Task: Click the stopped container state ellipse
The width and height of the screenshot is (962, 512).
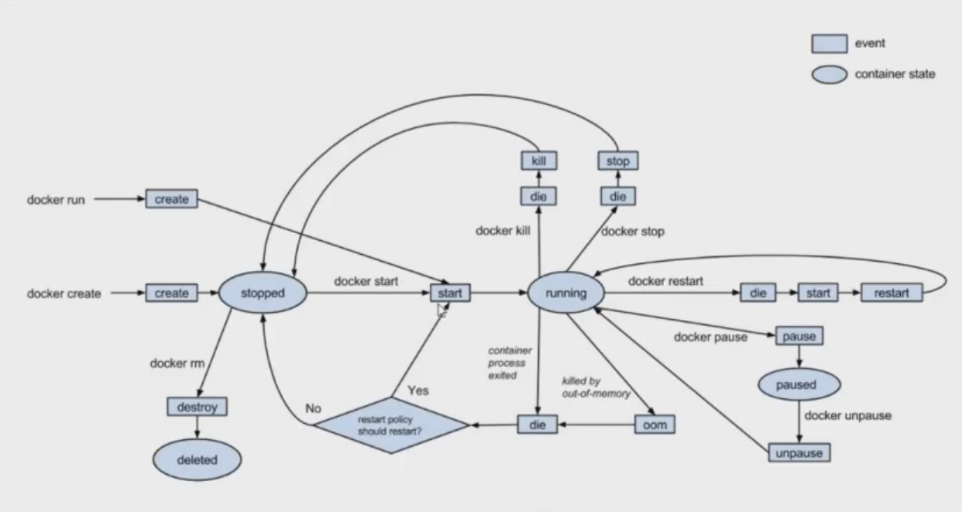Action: coord(263,294)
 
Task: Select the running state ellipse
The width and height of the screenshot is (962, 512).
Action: coord(566,294)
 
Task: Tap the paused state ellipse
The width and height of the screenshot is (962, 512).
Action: coord(798,385)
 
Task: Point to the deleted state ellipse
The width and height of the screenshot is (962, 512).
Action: coord(197,460)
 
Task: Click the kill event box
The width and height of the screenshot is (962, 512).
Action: coord(538,161)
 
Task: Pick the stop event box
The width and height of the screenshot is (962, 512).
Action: coord(617,161)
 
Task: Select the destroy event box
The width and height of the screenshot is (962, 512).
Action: coord(197,406)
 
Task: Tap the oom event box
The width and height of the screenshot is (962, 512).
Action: coord(655,425)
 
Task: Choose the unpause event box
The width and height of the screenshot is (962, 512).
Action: coord(798,453)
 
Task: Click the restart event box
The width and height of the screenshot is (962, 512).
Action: coord(892,294)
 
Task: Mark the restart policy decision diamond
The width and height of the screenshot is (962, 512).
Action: coord(390,424)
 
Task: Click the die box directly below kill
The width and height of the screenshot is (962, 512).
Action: coord(538,197)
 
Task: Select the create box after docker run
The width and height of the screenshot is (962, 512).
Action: coord(171,199)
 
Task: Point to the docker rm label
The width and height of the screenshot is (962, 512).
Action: coord(177,363)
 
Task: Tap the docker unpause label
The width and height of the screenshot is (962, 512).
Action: coord(847,416)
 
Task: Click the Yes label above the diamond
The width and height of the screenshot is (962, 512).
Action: coord(417,390)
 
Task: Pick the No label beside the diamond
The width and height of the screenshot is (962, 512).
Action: coord(313,408)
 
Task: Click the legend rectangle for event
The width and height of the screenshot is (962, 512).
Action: coord(829,44)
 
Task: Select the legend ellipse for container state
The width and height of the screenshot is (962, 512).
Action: coord(829,75)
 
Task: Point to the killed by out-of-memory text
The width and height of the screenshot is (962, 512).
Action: coord(596,387)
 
